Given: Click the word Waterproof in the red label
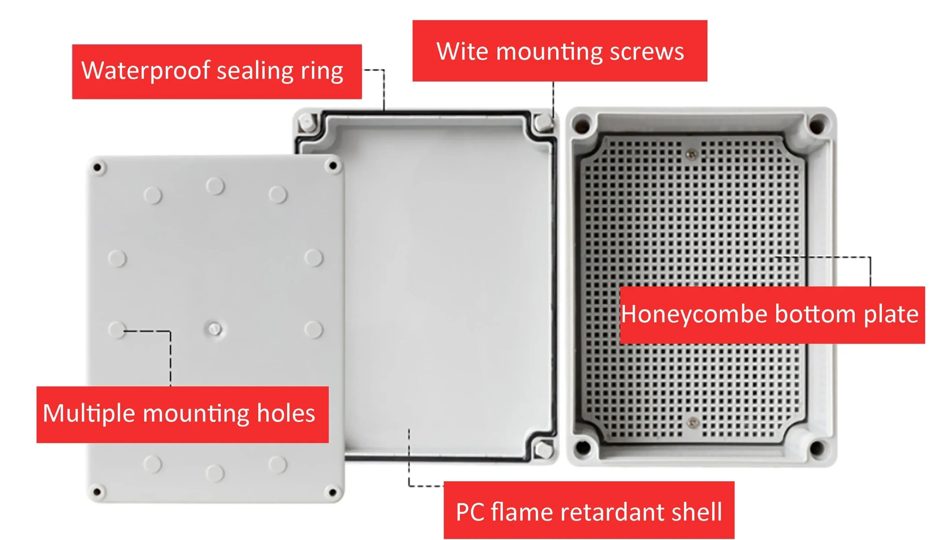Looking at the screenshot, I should [145, 70].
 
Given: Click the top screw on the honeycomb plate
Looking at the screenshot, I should [691, 154].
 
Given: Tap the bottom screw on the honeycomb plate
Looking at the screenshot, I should [692, 422].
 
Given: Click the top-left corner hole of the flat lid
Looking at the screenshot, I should [97, 167].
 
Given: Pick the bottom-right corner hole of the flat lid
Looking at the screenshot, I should [332, 492].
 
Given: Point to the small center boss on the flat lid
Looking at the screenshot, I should [214, 329].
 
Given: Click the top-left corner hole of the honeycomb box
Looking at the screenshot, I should [581, 124].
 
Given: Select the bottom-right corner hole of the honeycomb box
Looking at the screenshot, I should [816, 448].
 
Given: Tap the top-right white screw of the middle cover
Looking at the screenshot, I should [544, 121].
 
